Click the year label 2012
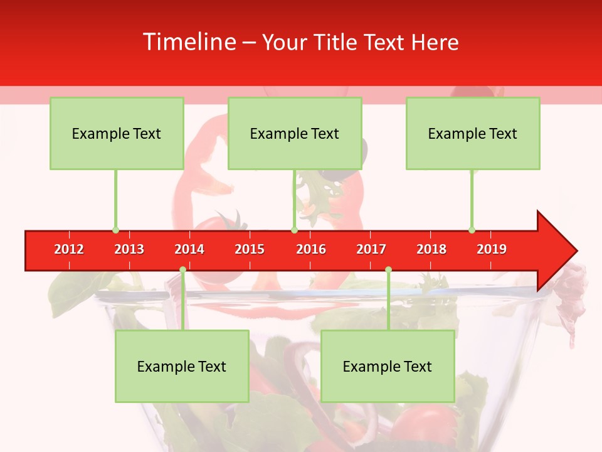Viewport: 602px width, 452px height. point(69,249)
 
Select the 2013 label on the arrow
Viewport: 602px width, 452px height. point(129,249)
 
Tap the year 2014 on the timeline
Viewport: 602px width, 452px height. point(189,249)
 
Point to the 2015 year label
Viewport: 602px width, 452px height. point(250,249)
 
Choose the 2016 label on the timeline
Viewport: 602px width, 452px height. point(311,249)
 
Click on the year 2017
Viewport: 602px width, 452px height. point(371,249)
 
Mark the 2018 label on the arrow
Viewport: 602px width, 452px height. point(431,249)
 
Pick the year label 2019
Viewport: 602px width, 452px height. point(492,249)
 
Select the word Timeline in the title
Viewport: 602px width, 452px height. point(189,42)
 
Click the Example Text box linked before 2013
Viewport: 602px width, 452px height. point(117,133)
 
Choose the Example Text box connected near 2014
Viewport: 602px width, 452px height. point(182,366)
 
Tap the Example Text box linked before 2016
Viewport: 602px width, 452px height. point(295,133)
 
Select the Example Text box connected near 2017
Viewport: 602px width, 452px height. point(388,366)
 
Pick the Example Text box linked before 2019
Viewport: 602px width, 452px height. point(473,133)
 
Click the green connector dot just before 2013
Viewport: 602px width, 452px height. point(115,230)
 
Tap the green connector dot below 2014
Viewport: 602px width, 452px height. point(182,269)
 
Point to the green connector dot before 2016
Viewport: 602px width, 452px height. point(294,230)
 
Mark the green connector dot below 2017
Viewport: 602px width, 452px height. point(388,269)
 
